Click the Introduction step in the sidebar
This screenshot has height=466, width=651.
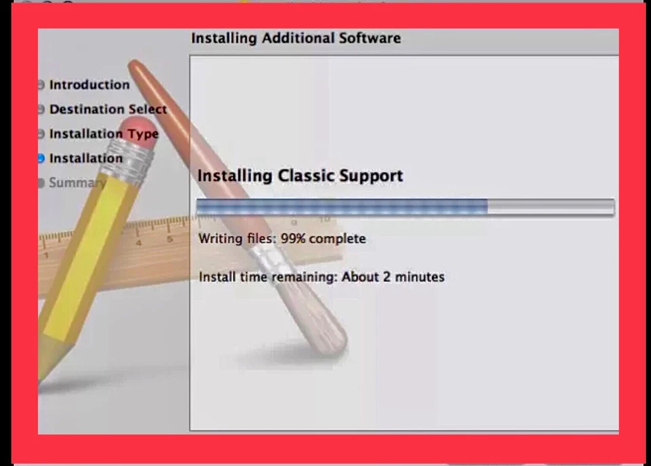[x=89, y=85]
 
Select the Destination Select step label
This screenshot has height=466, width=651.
[x=108, y=109]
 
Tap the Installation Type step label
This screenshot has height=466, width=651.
[x=103, y=134]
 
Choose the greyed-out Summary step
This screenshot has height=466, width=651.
[x=76, y=182]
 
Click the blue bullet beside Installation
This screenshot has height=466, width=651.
[x=41, y=158]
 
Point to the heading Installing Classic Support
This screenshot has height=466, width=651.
[x=300, y=176]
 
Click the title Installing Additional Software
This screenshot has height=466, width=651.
[x=296, y=38]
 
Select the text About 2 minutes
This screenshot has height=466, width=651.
[x=393, y=277]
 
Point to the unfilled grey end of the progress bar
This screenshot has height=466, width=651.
[x=551, y=207]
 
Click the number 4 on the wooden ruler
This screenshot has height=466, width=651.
[x=138, y=243]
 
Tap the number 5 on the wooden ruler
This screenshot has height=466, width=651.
[x=169, y=239]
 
